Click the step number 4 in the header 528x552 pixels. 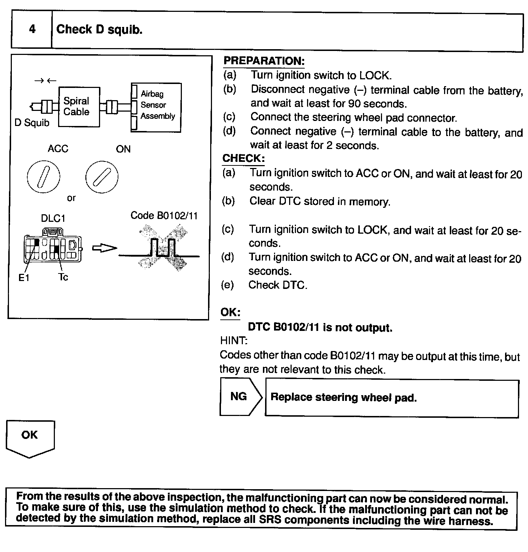(x=32, y=29)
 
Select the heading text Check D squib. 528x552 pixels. (x=99, y=29)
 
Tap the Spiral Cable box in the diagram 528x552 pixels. (x=79, y=107)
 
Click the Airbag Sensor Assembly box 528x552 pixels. (x=156, y=107)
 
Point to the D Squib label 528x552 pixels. (x=32, y=123)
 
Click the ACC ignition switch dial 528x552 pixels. (x=43, y=176)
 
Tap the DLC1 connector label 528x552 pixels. (x=53, y=219)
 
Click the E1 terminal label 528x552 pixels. (x=24, y=277)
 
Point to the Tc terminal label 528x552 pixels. (x=63, y=277)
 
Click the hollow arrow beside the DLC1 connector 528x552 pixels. (x=104, y=248)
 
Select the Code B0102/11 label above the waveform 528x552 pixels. (x=164, y=216)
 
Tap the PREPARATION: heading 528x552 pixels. (x=264, y=61)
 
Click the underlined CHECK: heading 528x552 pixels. (x=244, y=158)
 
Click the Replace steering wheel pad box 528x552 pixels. (x=392, y=398)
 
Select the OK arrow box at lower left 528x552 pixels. (x=30, y=438)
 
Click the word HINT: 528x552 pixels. (x=234, y=340)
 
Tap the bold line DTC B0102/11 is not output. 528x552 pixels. (x=320, y=327)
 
